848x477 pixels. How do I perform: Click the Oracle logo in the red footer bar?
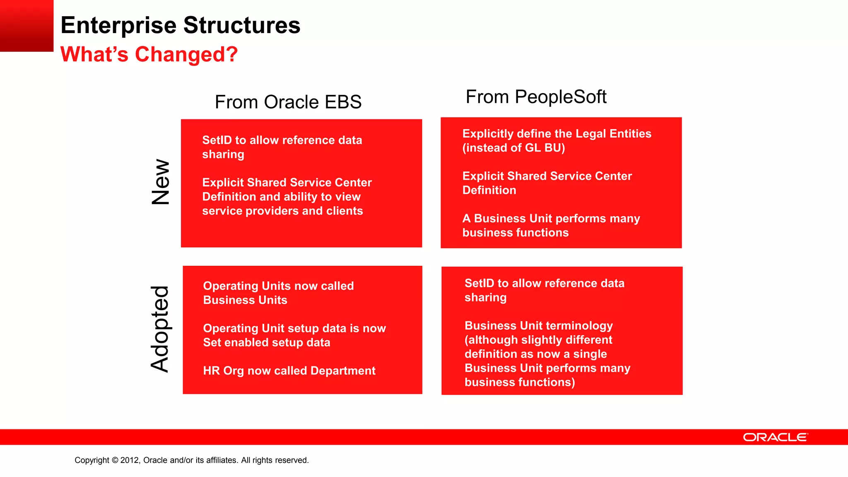pos(775,437)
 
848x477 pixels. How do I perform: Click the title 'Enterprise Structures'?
pos(180,25)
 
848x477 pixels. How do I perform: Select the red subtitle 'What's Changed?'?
pos(149,54)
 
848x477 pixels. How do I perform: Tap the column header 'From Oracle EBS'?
pos(288,102)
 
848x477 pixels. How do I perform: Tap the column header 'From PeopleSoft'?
pos(536,97)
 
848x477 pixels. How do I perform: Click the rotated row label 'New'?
pos(161,182)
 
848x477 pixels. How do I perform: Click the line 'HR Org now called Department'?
pos(289,371)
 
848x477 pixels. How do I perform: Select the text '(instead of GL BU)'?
pos(513,148)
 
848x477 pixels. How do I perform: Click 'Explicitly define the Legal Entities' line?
pos(556,134)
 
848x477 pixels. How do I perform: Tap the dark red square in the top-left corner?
pos(26,26)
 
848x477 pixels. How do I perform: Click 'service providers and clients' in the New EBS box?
pos(282,211)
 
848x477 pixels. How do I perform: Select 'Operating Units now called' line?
pos(278,286)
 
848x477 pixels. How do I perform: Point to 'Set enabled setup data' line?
pos(267,342)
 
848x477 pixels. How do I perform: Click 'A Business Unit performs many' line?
pos(551,218)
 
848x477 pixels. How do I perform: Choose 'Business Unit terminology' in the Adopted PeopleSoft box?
pos(538,325)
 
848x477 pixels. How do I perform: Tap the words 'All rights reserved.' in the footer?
pos(275,460)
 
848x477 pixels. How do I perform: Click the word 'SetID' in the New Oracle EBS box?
pos(217,140)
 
